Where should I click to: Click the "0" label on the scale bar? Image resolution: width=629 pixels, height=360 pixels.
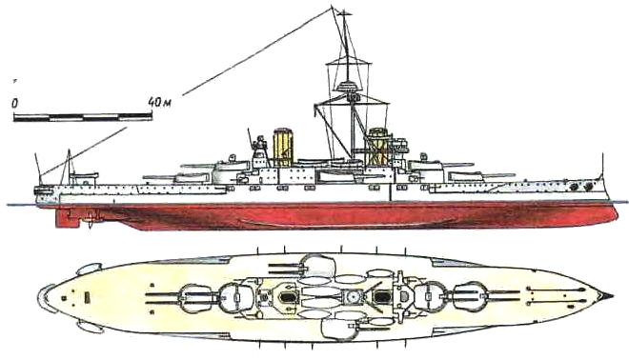click(x=14, y=104)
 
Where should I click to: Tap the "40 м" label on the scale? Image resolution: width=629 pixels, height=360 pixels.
click(x=160, y=103)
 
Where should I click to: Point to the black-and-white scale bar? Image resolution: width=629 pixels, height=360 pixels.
click(x=83, y=117)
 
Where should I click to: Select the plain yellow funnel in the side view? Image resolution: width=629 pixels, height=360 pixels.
click(x=282, y=147)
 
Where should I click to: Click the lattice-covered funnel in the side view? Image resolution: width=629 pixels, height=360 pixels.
click(x=377, y=147)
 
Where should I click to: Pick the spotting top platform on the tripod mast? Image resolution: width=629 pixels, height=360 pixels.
click(x=349, y=87)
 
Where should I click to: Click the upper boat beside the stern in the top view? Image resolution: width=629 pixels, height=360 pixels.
click(x=89, y=269)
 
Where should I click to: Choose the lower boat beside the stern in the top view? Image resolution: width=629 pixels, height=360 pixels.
click(x=91, y=327)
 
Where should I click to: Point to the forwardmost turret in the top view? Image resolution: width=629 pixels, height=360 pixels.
click(x=470, y=296)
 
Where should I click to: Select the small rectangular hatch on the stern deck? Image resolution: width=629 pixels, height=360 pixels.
click(x=88, y=297)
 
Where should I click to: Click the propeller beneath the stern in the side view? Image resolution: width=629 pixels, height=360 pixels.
click(x=91, y=220)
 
